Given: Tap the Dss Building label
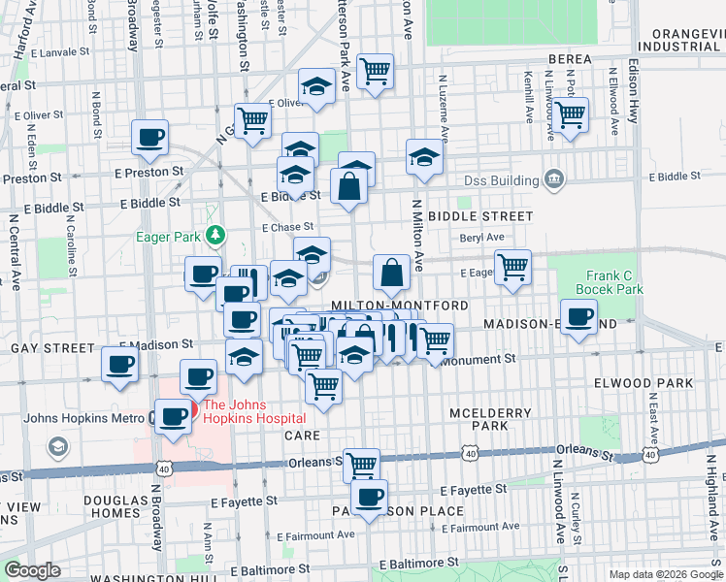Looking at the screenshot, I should [x=500, y=180].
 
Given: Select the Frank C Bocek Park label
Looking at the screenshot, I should [x=610, y=282].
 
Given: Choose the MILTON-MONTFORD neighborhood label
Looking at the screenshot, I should [x=402, y=306].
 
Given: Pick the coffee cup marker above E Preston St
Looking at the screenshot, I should [x=149, y=138].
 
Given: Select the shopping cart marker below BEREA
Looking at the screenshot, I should [x=570, y=114].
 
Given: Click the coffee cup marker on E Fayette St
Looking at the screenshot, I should [x=369, y=498].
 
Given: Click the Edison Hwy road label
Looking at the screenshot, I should [x=633, y=98].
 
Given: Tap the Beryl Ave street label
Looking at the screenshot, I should [x=481, y=237].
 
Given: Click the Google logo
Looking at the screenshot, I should [x=34, y=571].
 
